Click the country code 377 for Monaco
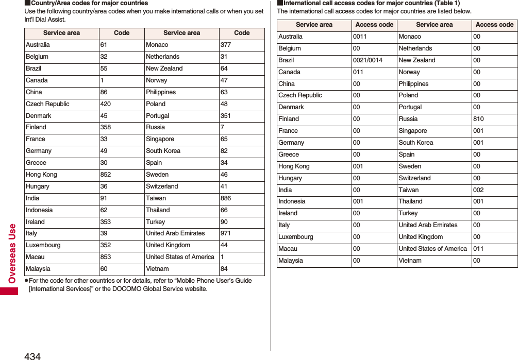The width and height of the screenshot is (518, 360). [x=225, y=45]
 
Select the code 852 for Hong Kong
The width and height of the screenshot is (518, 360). [x=106, y=175]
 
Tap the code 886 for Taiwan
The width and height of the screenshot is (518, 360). [x=225, y=198]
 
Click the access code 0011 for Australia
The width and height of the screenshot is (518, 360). [x=360, y=37]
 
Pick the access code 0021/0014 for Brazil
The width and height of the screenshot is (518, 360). [x=367, y=60]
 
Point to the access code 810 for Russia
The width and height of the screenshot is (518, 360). [x=478, y=119]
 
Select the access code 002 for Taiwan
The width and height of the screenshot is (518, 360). [x=478, y=190]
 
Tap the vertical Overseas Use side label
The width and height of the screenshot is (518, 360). [x=12, y=253]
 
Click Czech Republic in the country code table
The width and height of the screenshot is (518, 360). [x=47, y=104]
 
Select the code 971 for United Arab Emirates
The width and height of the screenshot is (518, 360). [x=225, y=233]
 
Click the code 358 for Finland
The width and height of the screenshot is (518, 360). [x=106, y=127]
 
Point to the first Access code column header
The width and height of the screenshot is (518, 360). [x=374, y=25]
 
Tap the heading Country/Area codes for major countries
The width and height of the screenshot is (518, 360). [x=89, y=3]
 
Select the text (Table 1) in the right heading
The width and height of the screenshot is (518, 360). [x=447, y=3]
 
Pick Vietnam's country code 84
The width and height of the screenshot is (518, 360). [x=224, y=269]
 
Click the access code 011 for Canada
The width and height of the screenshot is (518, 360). [x=358, y=72]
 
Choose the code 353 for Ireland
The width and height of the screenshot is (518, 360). [x=106, y=222]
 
